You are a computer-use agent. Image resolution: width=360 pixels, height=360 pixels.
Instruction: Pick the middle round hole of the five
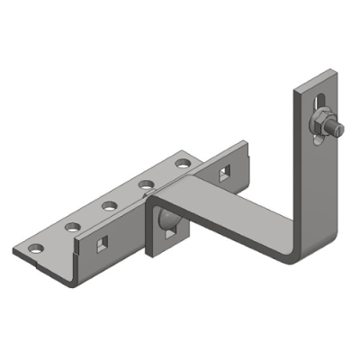(x=109, y=205)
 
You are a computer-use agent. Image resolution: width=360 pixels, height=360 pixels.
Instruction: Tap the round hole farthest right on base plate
(x=184, y=164)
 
